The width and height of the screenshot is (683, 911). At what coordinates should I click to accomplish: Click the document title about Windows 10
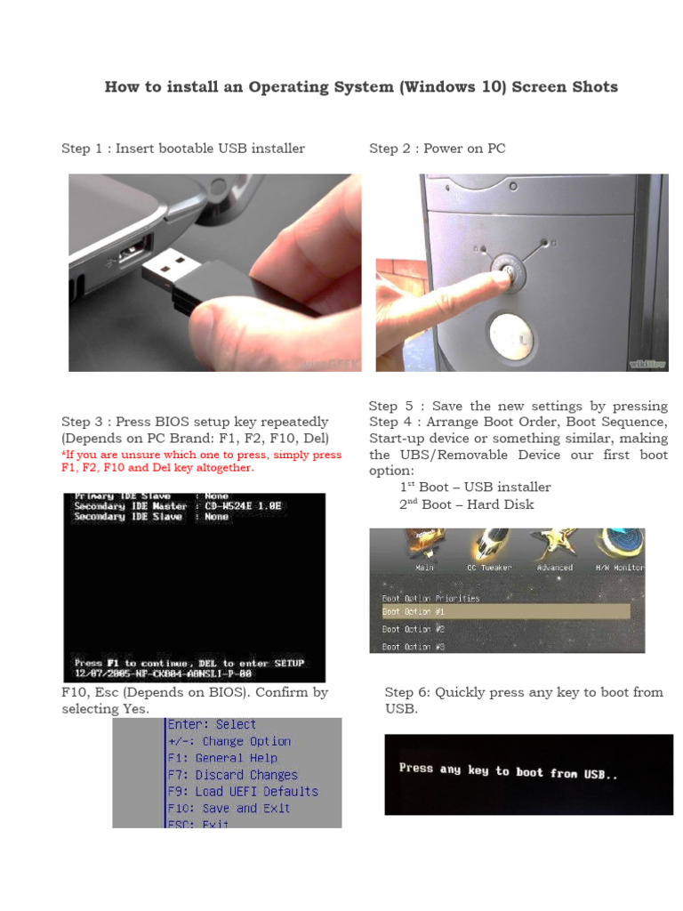pos(361,87)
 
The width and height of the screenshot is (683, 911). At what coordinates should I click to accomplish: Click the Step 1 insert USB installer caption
pos(183,149)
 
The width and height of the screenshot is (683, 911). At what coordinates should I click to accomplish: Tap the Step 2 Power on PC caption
pos(438,149)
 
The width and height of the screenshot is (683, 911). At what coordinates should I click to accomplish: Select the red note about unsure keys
pos(201,461)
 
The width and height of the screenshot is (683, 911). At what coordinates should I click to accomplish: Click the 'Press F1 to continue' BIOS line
pos(189,664)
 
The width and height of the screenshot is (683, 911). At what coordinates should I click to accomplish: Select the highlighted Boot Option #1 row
pos(504,612)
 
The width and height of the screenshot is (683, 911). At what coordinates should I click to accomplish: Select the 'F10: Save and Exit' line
pos(229,808)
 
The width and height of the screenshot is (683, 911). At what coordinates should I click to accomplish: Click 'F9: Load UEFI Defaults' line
pos(242,791)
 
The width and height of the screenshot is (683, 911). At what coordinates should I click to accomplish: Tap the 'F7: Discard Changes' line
pos(232,775)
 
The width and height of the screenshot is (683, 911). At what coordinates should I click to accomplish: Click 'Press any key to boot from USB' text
pos(508,771)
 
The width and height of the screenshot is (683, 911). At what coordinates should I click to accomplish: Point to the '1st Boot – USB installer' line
pos(475,488)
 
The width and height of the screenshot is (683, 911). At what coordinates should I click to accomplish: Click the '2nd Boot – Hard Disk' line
pos(466,504)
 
